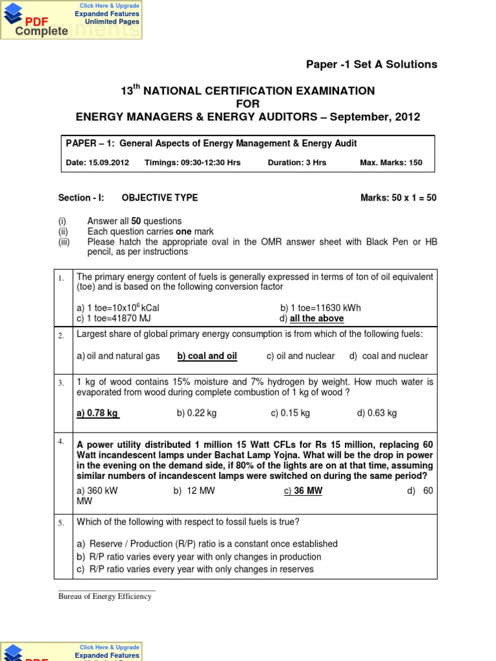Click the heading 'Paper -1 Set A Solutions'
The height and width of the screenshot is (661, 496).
[371, 65]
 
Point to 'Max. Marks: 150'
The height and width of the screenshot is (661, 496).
[391, 163]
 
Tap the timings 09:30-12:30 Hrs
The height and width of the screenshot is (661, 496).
[192, 163]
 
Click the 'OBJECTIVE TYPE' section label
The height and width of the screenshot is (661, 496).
[160, 198]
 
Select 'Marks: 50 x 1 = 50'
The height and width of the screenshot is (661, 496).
[398, 198]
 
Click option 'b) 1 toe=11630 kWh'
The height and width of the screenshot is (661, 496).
[320, 308]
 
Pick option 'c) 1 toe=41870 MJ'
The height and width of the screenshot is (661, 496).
[118, 319]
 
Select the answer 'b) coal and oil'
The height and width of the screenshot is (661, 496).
[207, 356]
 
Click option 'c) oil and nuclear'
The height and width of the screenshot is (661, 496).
[300, 356]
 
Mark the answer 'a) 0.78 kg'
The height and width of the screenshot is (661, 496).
[98, 413]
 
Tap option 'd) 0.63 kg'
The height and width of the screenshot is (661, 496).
[377, 413]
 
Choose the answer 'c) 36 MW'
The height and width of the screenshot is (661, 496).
[303, 491]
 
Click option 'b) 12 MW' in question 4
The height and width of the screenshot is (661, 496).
[194, 491]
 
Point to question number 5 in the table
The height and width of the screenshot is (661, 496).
[61, 523]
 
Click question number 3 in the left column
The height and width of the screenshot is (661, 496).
[61, 383]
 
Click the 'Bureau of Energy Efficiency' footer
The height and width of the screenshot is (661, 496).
[105, 596]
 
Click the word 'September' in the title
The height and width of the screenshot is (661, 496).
[352, 117]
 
